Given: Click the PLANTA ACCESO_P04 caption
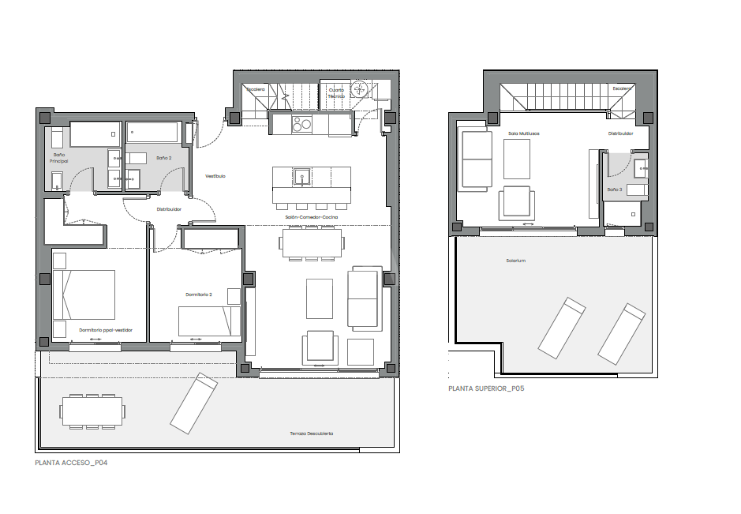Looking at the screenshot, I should [71, 463].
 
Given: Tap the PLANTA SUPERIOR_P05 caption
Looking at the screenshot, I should [486, 388].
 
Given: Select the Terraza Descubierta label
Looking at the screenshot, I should [311, 433].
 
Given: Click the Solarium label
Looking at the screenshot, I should [516, 261].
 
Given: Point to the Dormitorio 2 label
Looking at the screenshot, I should [199, 295].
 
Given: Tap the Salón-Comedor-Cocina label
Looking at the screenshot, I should [312, 217].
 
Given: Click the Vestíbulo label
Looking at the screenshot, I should [215, 176].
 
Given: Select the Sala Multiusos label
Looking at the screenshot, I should [522, 133].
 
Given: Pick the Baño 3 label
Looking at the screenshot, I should [615, 189].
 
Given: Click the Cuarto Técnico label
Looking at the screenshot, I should [336, 92].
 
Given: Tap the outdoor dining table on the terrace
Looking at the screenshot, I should [92, 411].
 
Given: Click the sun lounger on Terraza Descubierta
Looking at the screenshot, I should [193, 404].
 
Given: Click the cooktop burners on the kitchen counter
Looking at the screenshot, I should [302, 124].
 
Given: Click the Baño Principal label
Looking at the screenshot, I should [58, 158].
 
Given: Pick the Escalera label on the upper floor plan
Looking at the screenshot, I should [622, 88].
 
